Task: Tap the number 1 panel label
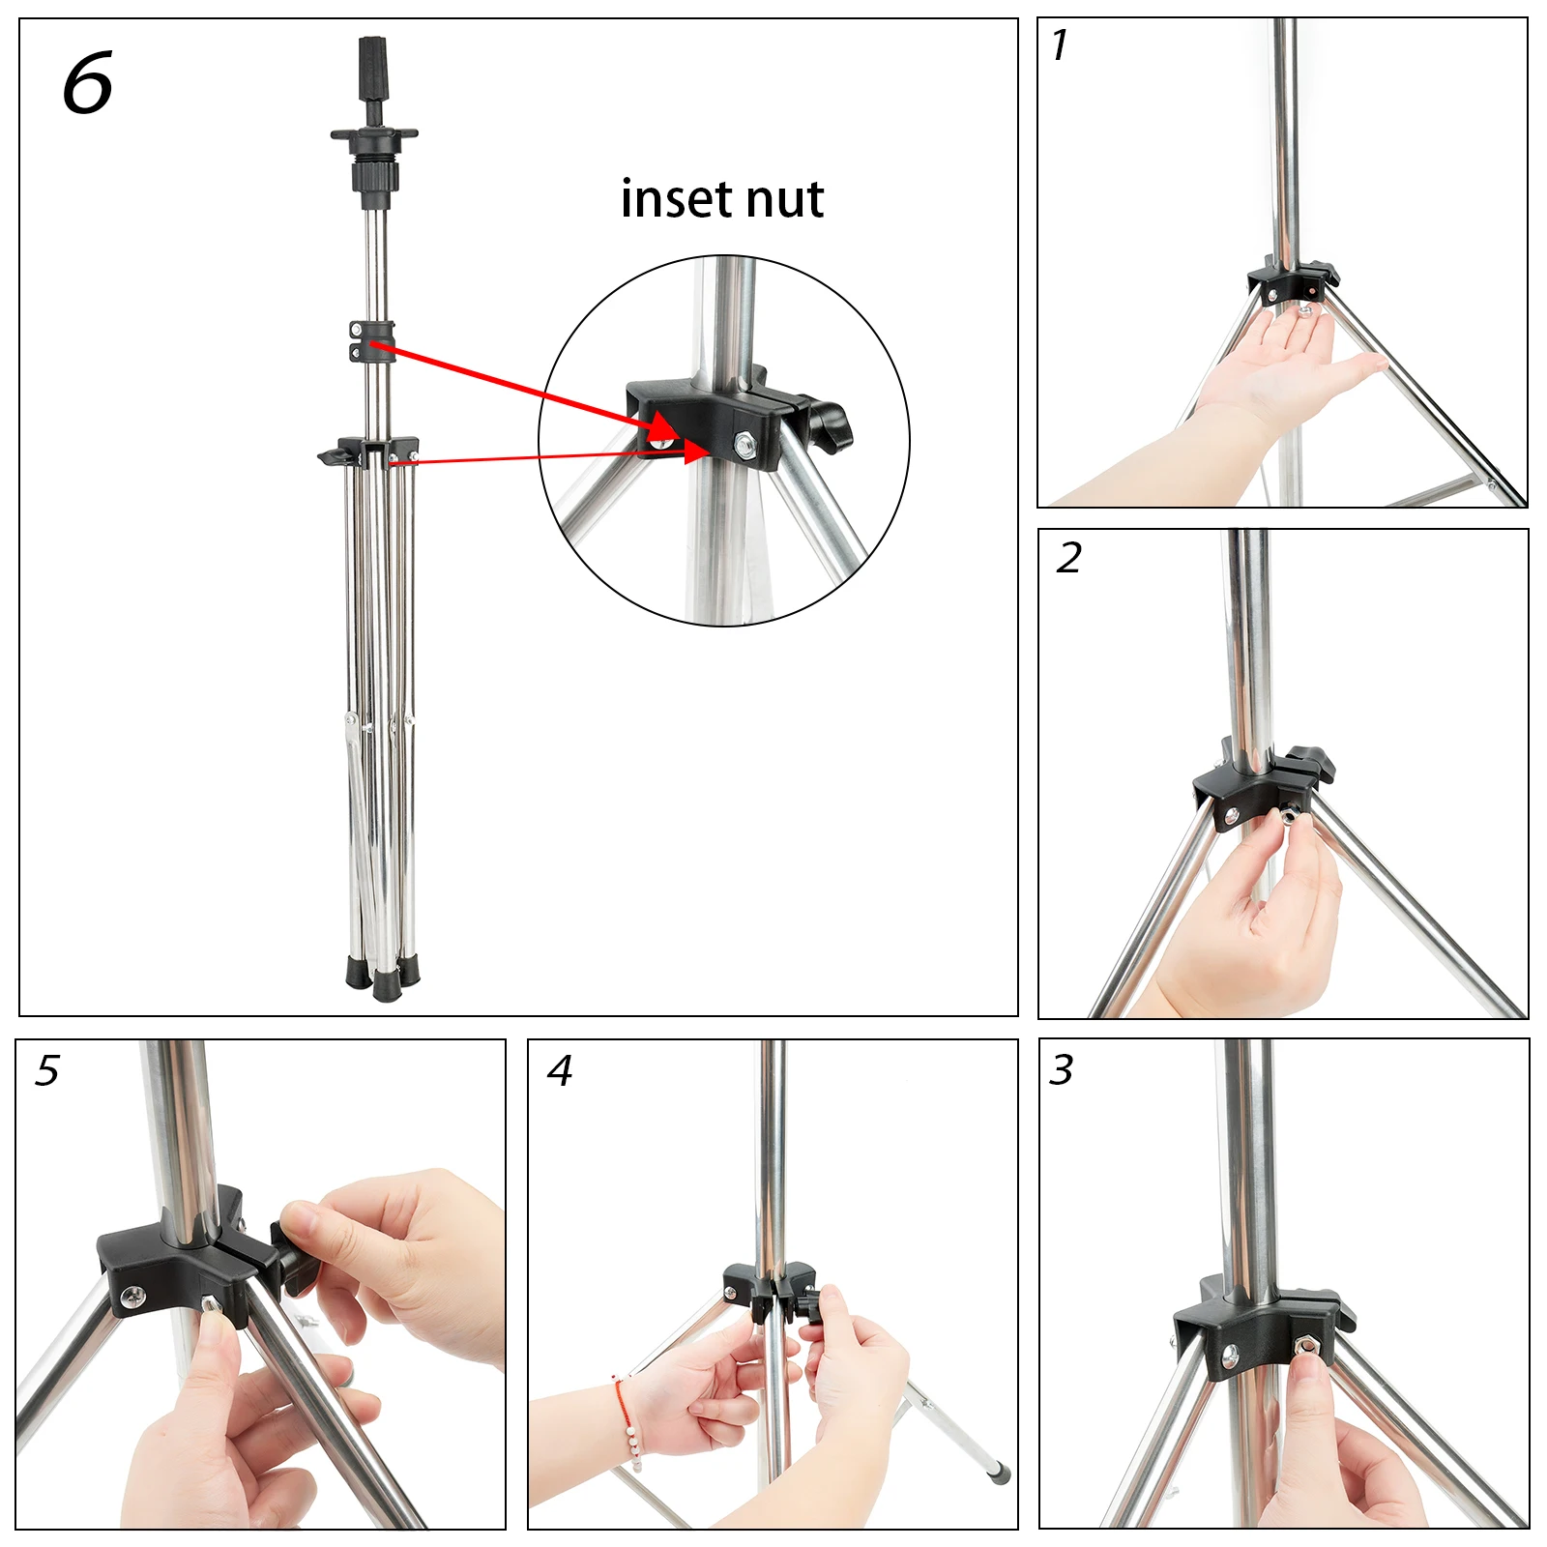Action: [x=1060, y=45]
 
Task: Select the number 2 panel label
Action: [x=1068, y=558]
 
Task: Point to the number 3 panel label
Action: [x=1062, y=1070]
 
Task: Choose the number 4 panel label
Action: [x=559, y=1070]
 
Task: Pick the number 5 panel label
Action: [x=46, y=1070]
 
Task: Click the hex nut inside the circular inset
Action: [x=744, y=444]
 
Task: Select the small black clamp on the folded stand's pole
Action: [x=372, y=340]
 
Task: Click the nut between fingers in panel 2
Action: [x=1293, y=820]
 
